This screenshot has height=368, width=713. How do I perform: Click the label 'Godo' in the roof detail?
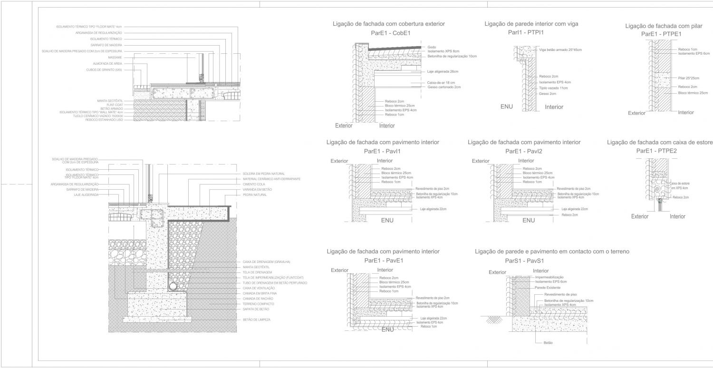click(x=432, y=47)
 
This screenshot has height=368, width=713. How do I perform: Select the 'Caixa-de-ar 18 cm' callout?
click(x=441, y=83)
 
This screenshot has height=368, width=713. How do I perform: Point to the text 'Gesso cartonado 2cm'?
click(x=444, y=87)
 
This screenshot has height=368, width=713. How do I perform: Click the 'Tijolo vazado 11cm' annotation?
click(x=553, y=88)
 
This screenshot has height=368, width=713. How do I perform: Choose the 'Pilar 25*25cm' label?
click(x=689, y=78)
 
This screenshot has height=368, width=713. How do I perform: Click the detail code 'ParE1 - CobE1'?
click(x=391, y=33)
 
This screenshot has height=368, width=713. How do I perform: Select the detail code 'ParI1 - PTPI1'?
click(x=525, y=32)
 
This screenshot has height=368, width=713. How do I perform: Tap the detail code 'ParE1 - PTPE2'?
click(x=656, y=151)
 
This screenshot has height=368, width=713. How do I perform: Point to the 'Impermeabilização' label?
click(x=549, y=277)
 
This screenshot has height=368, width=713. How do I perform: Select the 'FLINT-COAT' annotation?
click(x=115, y=105)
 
